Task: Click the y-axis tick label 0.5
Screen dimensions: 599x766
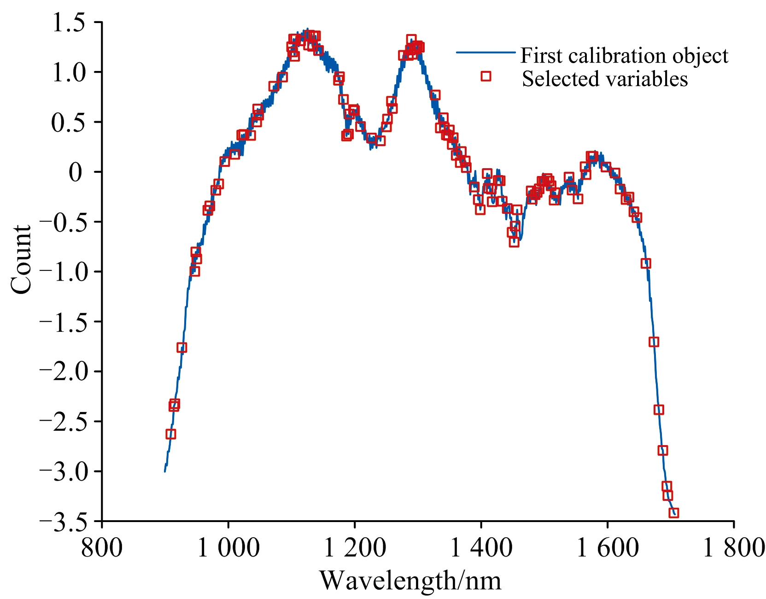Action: [x=71, y=123]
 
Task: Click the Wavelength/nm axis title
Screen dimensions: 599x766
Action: [x=410, y=581]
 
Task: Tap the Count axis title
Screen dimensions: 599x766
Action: [x=21, y=259]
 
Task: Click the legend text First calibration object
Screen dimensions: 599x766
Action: [x=624, y=56]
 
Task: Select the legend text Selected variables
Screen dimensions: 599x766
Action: [x=605, y=79]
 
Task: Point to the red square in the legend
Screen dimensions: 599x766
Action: [x=486, y=76]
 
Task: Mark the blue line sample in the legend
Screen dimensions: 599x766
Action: [x=485, y=53]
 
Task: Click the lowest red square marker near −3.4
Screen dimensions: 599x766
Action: [x=673, y=513]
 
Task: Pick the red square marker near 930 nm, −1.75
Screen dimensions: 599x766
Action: [x=182, y=347]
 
